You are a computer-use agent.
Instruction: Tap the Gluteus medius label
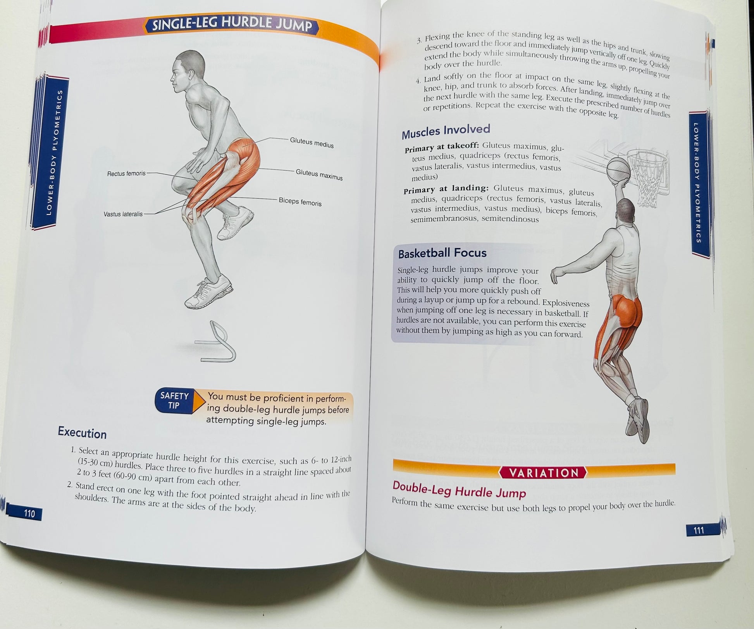pyautogui.click(x=312, y=143)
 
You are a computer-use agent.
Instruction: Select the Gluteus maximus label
pyautogui.click(x=319, y=175)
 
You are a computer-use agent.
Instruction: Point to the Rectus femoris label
pyautogui.click(x=126, y=174)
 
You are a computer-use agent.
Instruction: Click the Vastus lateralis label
pyautogui.click(x=123, y=214)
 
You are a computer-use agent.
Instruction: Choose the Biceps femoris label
pyautogui.click(x=300, y=202)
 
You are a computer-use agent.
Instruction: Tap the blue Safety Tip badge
pyautogui.click(x=174, y=400)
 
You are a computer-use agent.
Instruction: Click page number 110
pyautogui.click(x=29, y=514)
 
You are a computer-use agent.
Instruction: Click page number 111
pyautogui.click(x=699, y=530)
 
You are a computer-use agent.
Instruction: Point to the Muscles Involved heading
pyautogui.click(x=446, y=131)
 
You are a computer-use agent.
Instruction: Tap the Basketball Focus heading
pyautogui.click(x=442, y=253)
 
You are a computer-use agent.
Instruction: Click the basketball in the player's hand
pyautogui.click(x=618, y=171)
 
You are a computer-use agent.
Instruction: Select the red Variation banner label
pyautogui.click(x=543, y=473)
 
